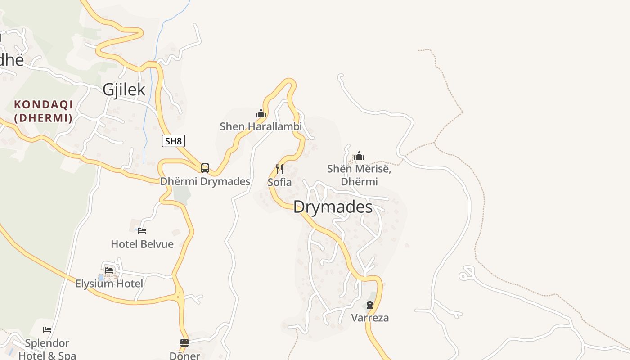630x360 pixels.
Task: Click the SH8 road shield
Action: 173,141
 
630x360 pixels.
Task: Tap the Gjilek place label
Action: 124,90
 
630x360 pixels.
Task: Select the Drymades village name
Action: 333,207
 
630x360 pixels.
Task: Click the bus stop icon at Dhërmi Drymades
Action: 205,168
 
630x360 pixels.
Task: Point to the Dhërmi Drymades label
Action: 205,181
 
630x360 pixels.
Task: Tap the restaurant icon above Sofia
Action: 279,169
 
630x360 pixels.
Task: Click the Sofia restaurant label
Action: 279,182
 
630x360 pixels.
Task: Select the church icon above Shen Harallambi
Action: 261,113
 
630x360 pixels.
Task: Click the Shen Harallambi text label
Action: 261,126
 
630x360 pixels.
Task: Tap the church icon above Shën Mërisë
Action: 359,156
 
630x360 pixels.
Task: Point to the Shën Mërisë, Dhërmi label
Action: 359,175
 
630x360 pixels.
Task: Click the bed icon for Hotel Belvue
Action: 142,231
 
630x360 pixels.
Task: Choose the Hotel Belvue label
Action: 142,244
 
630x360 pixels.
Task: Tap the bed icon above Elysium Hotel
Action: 109,270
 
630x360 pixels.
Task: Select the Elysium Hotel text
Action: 109,283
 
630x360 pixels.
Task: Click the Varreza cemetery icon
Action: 370,305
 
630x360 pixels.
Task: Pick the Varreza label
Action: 370,318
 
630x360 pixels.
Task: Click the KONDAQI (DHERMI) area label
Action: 43,111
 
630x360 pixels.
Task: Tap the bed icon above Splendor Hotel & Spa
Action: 47,330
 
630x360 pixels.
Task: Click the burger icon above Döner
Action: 184,343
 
